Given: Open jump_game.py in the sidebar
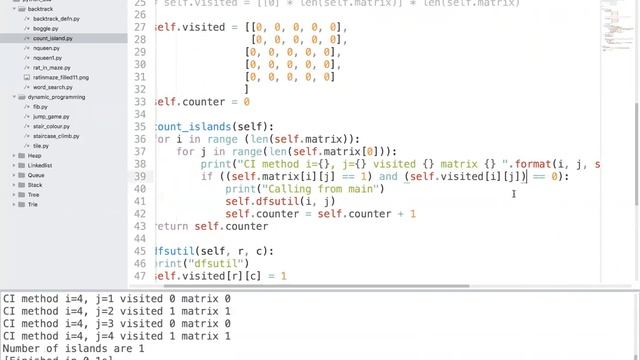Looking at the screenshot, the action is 49,116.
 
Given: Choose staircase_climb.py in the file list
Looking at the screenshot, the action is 59,136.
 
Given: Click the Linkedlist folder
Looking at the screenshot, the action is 40,165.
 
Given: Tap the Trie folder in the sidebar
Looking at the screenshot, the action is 33,204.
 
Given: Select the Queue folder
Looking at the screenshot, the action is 35,175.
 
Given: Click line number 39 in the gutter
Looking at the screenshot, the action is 141,176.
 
